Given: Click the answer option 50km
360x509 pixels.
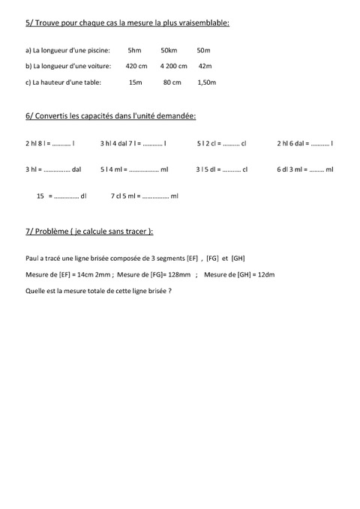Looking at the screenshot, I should click(168, 51).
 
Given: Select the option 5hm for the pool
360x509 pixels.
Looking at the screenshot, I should click(134, 51).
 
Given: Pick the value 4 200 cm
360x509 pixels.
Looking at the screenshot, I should click(173, 66).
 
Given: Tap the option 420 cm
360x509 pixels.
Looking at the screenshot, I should click(136, 66).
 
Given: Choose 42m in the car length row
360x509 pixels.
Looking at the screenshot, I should click(205, 66).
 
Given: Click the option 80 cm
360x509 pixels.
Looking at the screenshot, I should click(172, 82).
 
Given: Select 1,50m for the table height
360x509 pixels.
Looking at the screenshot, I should click(206, 82).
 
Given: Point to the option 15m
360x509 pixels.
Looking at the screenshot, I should click(135, 82).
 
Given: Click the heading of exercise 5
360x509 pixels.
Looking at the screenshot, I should click(127, 23).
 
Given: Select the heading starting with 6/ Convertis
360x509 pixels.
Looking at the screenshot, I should click(111, 117).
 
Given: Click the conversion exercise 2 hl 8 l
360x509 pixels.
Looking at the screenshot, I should click(49, 142).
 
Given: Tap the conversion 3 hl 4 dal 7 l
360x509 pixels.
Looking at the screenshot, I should click(133, 142).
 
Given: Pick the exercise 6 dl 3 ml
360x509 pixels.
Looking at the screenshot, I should click(304, 169).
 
